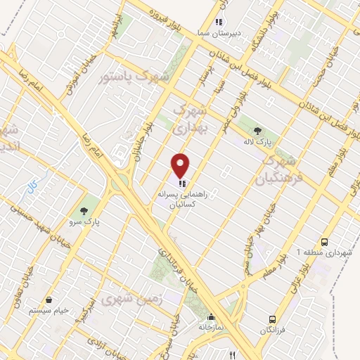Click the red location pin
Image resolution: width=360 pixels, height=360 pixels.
[x=181, y=165]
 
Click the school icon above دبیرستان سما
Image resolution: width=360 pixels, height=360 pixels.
[x=219, y=22]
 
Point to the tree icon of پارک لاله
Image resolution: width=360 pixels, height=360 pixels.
[x=257, y=130]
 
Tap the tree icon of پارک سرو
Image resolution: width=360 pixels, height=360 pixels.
[x=84, y=210]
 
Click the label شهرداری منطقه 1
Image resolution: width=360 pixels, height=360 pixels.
[x=333, y=252]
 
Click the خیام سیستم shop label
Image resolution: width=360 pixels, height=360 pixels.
[x=49, y=310]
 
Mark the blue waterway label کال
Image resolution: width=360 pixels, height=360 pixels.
[x=31, y=188]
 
